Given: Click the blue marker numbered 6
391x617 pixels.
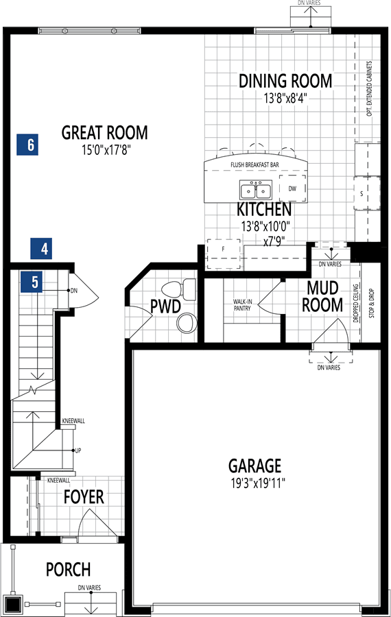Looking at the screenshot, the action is click(27, 145).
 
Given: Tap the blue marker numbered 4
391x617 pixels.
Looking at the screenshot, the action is click(41, 249).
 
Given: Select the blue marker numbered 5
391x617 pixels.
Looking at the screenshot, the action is click(32, 282).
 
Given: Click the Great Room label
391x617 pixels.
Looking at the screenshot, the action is click(105, 132).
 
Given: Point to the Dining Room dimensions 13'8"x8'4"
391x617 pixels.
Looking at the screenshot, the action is click(285, 97).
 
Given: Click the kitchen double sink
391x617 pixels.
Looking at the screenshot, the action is click(256, 190).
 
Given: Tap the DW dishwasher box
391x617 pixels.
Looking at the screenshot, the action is click(292, 189).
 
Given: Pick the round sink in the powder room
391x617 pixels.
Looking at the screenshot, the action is click(187, 323).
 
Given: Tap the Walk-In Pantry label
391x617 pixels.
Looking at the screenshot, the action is click(243, 305).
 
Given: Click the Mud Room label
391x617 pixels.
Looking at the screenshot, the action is click(322, 296).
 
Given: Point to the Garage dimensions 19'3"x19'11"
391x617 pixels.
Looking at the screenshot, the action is click(258, 483).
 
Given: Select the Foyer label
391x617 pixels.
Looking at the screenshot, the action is click(84, 497).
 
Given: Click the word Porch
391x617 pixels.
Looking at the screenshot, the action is click(69, 570).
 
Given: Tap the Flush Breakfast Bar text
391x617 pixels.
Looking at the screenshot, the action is click(254, 165).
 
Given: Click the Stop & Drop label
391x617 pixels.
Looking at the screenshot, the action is click(372, 304).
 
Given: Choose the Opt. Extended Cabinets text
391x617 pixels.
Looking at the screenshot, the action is click(369, 88).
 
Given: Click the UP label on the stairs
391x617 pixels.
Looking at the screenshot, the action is click(78, 450).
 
